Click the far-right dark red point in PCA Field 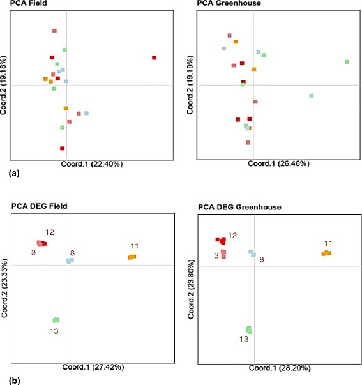tap(154, 58)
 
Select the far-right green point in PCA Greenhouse tap(347, 62)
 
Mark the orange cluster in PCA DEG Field tap(132, 257)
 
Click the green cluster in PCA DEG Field tap(56, 320)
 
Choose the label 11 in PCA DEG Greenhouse tap(328, 243)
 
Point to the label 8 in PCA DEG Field tap(73, 253)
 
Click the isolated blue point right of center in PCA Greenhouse tap(312, 95)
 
